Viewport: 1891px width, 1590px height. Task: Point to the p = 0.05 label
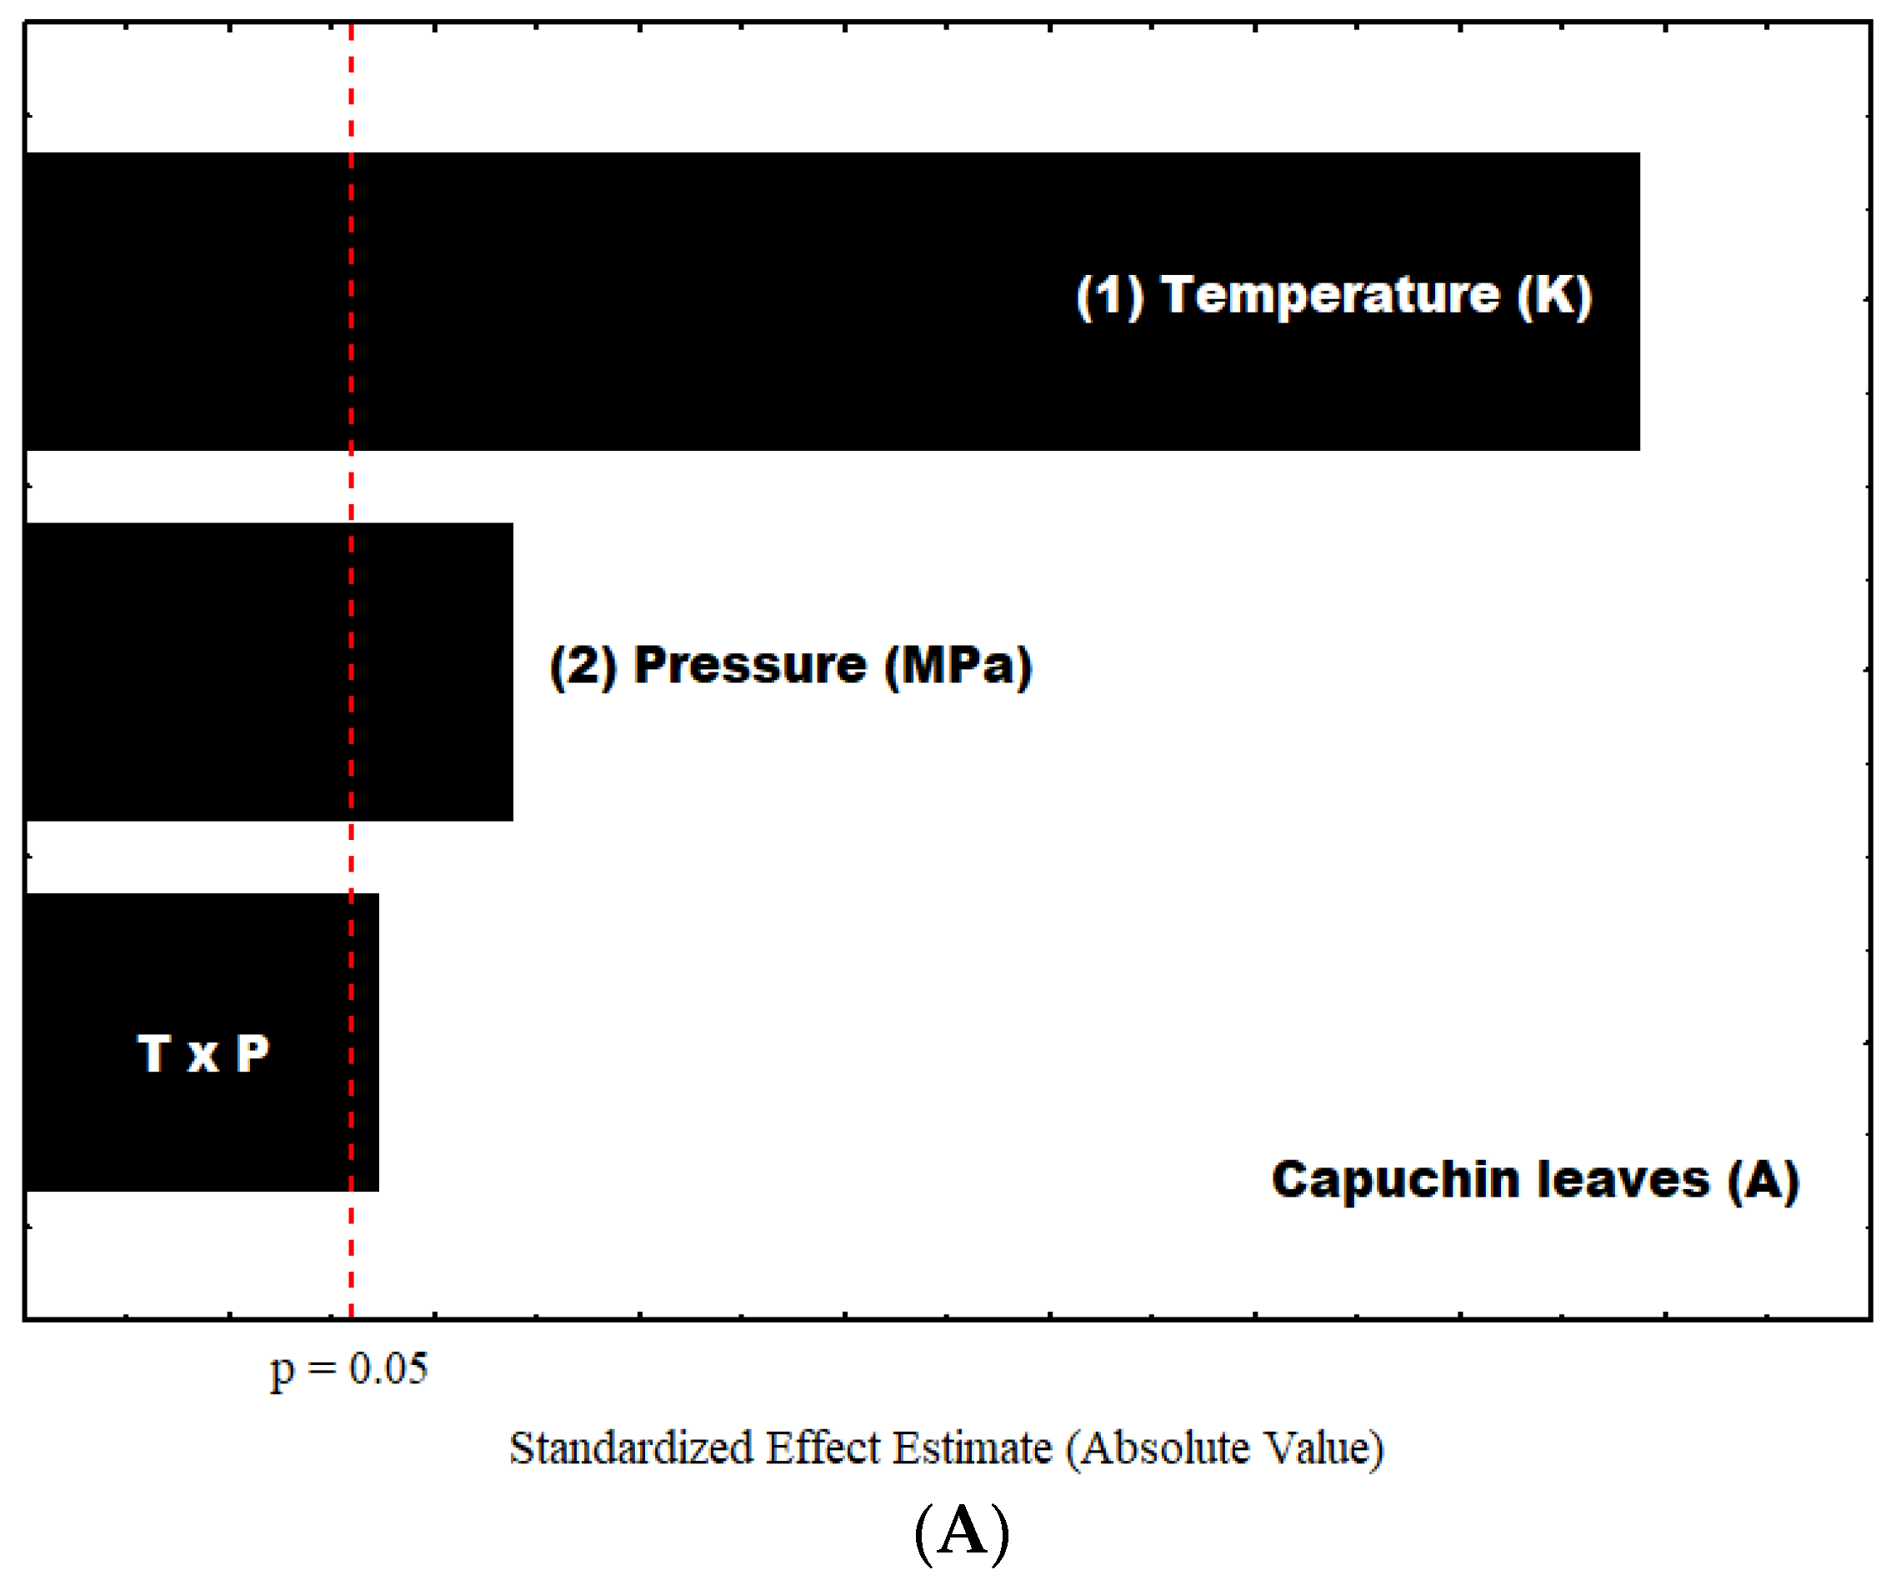[x=349, y=1369]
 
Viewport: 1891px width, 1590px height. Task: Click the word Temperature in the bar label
[x=1328, y=295]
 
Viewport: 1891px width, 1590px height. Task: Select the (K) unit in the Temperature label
[x=1554, y=295]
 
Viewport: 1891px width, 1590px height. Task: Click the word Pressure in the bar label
[x=750, y=666]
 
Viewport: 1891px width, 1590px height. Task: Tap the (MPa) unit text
[x=958, y=666]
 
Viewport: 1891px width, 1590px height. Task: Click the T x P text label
[x=203, y=1052]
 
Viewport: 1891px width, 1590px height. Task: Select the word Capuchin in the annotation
[x=1398, y=1180]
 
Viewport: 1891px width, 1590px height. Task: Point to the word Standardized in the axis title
[x=631, y=1448]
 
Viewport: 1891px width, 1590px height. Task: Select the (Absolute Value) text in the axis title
[x=1224, y=1448]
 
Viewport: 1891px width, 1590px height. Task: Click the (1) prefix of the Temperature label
[x=1109, y=295]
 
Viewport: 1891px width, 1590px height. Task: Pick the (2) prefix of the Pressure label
[x=583, y=666]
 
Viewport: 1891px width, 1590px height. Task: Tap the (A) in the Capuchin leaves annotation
[x=1763, y=1180]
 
